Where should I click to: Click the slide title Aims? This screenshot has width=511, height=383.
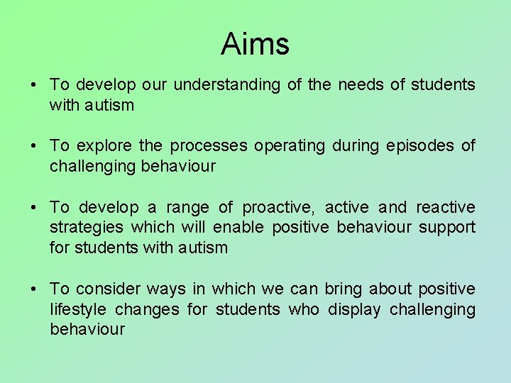(255, 44)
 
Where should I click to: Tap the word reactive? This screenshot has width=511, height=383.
(446, 208)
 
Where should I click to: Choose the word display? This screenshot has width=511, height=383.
(354, 310)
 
